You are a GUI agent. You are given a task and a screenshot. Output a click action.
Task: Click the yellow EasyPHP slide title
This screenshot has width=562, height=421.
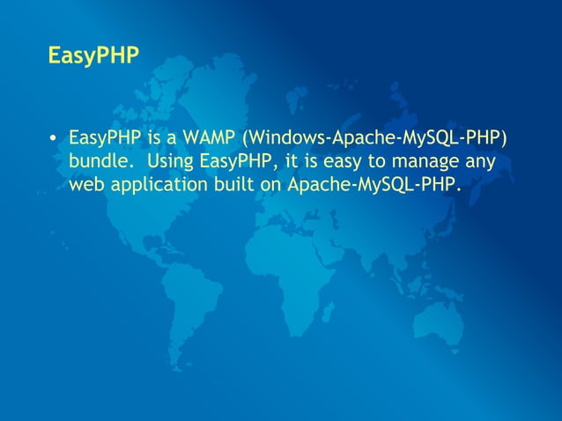(x=93, y=57)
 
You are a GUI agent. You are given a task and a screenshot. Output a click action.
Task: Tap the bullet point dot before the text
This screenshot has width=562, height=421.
(x=54, y=139)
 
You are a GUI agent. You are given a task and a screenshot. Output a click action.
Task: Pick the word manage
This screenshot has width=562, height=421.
(x=425, y=162)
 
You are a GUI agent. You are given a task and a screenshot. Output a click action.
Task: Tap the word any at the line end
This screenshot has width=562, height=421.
(x=480, y=162)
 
